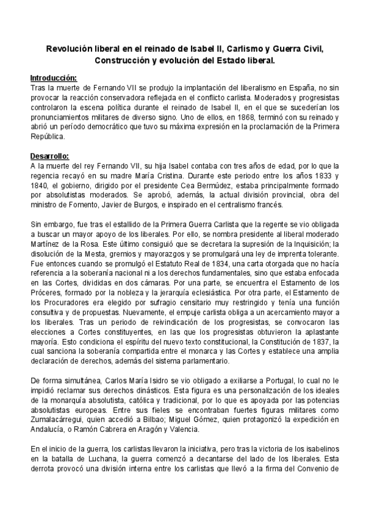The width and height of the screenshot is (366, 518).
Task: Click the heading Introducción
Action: [54, 79]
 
